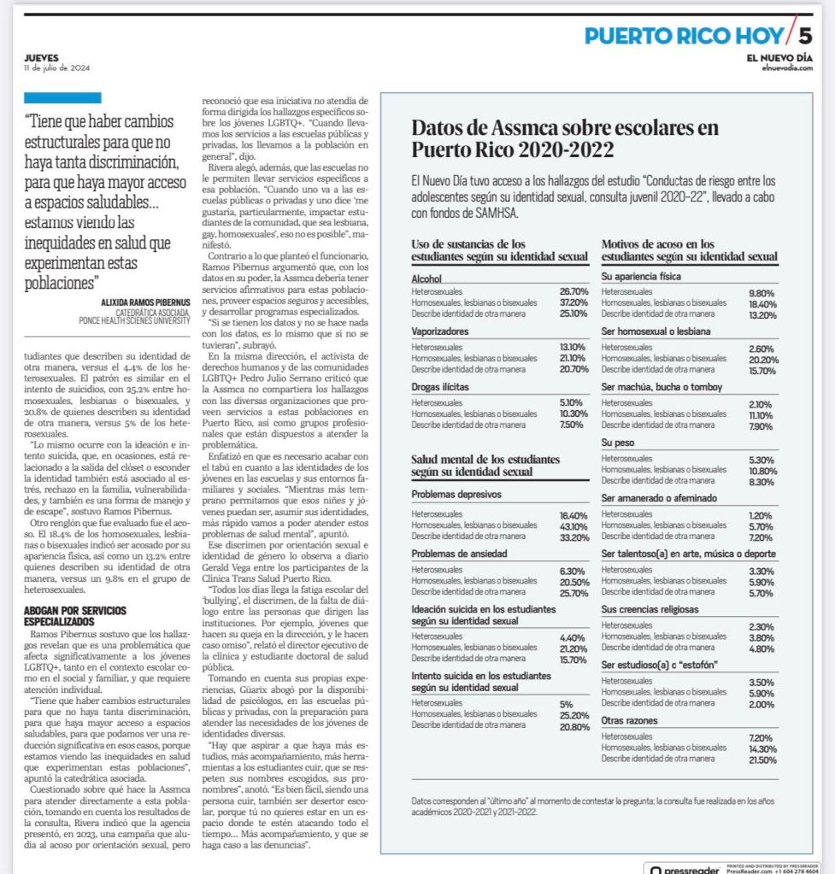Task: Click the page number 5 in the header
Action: point(805,35)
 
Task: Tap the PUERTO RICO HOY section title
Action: point(683,36)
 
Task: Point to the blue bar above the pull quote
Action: point(62,97)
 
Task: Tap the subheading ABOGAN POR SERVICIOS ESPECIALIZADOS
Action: point(76,616)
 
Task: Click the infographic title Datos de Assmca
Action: point(565,138)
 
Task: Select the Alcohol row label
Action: point(426,279)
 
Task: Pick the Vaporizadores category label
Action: point(439,331)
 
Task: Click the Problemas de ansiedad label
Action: point(459,554)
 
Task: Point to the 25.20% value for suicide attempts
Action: point(574,714)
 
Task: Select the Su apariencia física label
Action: point(642,277)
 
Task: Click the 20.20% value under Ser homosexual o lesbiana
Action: point(762,360)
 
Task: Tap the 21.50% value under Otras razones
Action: point(762,760)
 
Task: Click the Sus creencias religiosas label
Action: point(650,609)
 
